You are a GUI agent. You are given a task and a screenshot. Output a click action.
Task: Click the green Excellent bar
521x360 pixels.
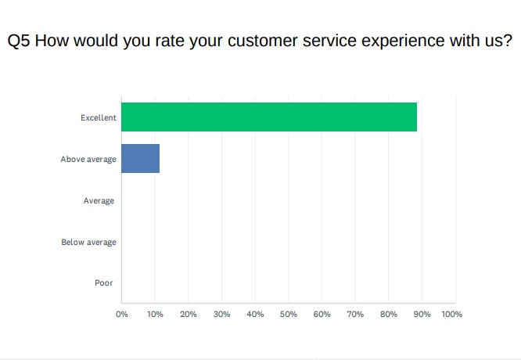269,117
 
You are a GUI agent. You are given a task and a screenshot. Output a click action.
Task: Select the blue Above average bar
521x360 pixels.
140,158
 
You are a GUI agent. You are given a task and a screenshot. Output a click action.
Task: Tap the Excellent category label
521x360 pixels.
99,118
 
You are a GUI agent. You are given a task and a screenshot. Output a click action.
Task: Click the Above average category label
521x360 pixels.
88,160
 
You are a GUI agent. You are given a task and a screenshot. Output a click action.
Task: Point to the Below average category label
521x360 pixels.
88,243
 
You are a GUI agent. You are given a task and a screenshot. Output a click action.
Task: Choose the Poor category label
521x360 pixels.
104,283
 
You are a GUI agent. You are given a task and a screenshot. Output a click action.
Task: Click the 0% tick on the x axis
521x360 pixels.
122,314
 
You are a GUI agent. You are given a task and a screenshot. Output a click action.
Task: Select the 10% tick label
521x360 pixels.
155,314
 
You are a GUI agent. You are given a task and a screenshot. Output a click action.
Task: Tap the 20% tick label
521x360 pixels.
189,314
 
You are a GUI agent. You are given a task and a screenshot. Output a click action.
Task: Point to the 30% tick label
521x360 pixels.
221,314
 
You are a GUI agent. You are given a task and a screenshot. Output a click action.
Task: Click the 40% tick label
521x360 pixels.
255,314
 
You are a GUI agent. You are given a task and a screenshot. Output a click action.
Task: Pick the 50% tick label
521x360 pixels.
289,314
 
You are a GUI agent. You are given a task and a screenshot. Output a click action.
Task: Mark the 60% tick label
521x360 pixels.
322,314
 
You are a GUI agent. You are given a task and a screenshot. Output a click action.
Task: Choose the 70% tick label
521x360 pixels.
355,314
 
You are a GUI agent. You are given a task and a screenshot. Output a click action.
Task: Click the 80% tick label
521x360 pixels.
388,314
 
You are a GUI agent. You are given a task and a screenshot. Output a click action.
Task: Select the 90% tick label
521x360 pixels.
422,314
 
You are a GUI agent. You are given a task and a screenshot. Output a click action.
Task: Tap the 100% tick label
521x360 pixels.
452,314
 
